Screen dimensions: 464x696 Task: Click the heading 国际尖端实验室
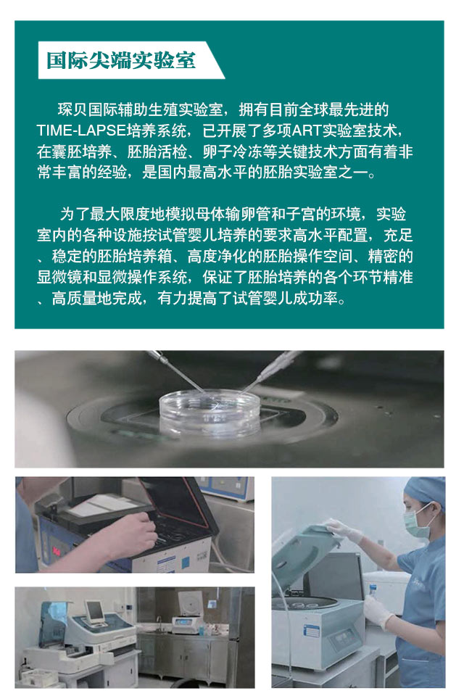coord(121,60)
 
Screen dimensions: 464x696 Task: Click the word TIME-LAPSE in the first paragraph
coord(81,130)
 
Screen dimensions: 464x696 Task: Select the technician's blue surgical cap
coord(426,492)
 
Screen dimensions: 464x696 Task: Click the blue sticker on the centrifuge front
coord(312,632)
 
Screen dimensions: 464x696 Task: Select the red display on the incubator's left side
coord(57,551)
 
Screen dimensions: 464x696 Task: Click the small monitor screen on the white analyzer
coord(94,611)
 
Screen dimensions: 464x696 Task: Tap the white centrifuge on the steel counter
coord(188,612)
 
